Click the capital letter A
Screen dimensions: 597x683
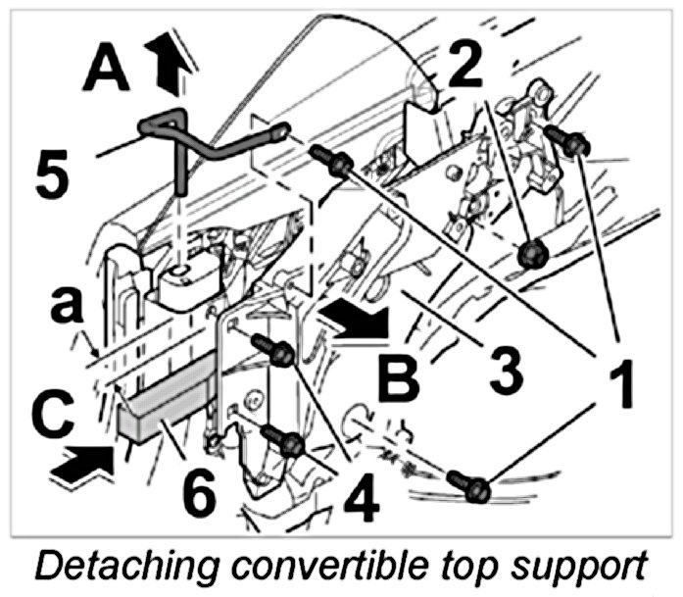[x=109, y=72]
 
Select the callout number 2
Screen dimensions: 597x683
[x=466, y=65]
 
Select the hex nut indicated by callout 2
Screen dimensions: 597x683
[x=534, y=255]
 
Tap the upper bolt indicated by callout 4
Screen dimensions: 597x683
[x=276, y=351]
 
